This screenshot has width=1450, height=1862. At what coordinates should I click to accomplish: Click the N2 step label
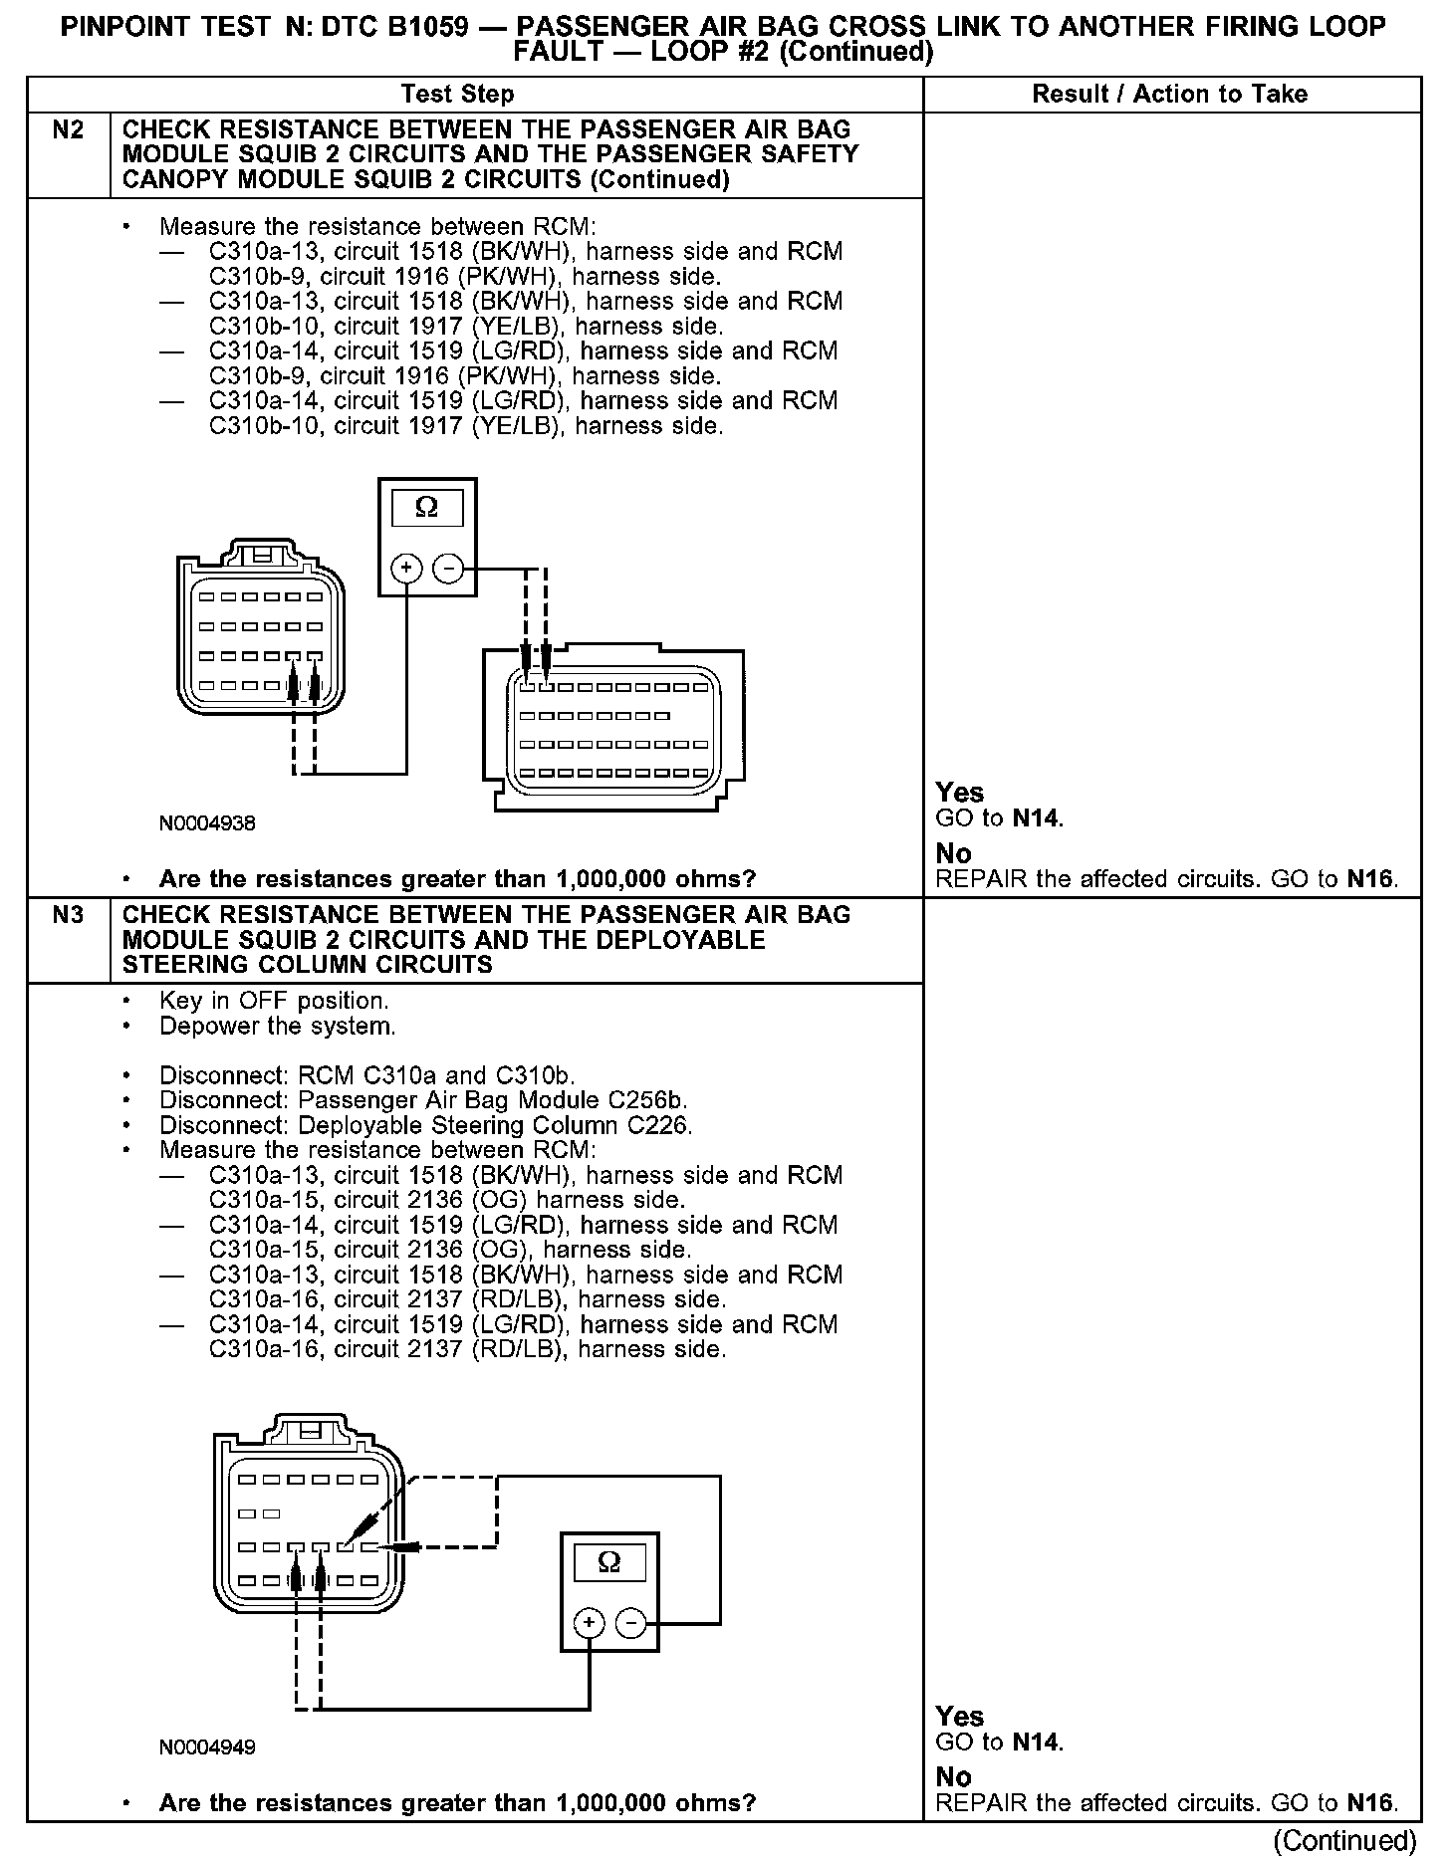tap(67, 130)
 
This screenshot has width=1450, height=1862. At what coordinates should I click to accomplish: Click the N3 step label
tap(67, 915)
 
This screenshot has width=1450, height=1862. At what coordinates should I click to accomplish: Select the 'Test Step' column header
tap(457, 95)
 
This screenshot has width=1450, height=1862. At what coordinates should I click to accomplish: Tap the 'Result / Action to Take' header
tap(1170, 95)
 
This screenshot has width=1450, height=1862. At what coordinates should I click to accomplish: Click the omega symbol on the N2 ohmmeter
tap(426, 509)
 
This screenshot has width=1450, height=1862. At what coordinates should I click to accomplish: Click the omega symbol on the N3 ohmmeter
tap(608, 1562)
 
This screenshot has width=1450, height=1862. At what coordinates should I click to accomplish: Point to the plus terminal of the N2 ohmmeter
tap(406, 569)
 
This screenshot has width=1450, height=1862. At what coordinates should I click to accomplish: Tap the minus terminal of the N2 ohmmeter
tap(449, 569)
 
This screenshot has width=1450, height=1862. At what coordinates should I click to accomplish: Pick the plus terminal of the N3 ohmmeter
tap(589, 1624)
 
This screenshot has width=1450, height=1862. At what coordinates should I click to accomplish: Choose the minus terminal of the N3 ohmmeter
tap(630, 1624)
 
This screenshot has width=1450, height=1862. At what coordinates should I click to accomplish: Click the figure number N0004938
tap(207, 823)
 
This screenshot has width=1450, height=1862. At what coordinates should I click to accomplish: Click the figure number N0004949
tap(207, 1746)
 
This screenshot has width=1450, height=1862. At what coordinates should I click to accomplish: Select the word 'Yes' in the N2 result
tap(960, 793)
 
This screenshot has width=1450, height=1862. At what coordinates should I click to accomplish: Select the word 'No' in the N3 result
tap(953, 1776)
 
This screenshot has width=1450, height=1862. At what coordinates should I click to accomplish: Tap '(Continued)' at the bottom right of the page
tap(1344, 1840)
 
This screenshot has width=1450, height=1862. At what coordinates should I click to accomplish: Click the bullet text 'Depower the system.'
tap(277, 1027)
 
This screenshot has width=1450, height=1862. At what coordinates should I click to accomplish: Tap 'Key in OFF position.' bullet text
tap(274, 1001)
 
